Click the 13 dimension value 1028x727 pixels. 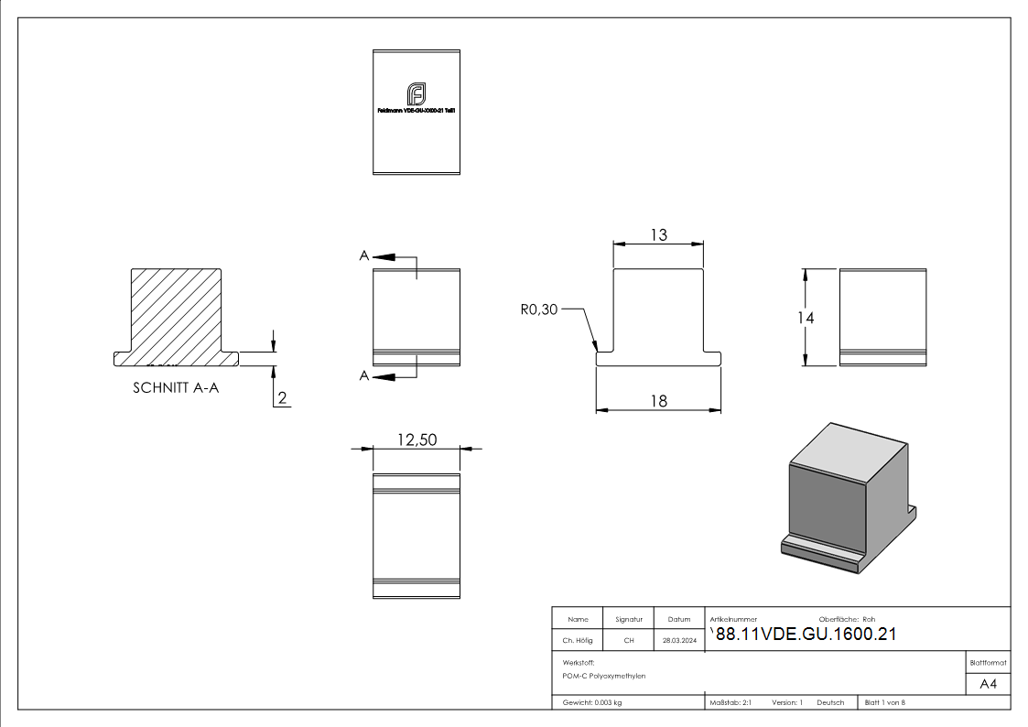point(658,234)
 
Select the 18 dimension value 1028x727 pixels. point(658,400)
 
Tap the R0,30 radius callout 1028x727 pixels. point(538,310)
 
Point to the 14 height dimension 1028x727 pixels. point(806,317)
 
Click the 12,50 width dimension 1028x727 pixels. point(417,439)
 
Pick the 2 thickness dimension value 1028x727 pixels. point(282,397)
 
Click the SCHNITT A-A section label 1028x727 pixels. point(176,387)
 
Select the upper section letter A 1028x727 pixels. point(364,256)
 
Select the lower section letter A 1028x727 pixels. point(364,375)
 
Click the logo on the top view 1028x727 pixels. point(417,93)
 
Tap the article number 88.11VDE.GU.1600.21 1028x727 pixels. point(806,635)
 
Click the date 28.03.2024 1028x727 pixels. point(679,641)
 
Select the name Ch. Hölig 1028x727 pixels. point(578,641)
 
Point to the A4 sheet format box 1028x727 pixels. point(988,684)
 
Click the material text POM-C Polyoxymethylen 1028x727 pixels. point(604,676)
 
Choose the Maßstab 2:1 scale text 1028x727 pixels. point(730,702)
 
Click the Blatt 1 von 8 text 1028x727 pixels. point(884,702)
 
